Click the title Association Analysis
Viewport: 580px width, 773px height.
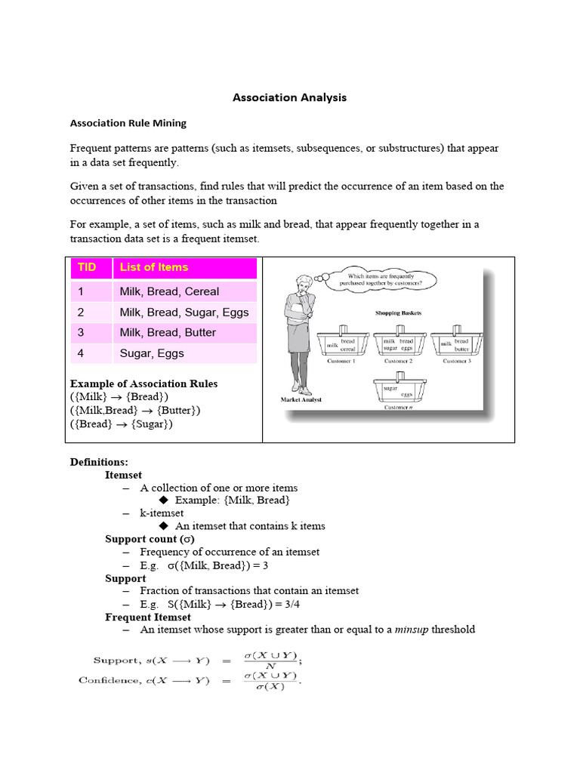coord(289,97)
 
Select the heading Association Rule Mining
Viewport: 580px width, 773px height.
coord(128,122)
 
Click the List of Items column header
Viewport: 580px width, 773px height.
coord(154,267)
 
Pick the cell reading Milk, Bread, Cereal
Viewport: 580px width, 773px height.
coord(169,291)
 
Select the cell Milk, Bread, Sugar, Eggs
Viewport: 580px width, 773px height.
coord(184,312)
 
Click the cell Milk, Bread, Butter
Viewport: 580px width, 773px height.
coord(168,332)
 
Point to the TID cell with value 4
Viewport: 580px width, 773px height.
coord(82,353)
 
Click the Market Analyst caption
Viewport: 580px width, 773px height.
coord(301,399)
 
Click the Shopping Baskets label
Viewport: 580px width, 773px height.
coord(398,312)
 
